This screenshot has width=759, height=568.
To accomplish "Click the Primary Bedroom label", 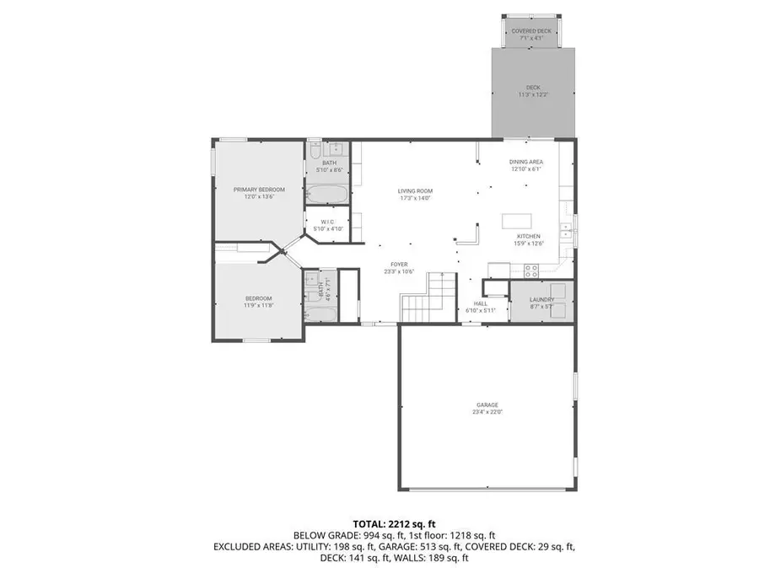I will tap(259, 190).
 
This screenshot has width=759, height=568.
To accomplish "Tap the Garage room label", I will tap(486, 406).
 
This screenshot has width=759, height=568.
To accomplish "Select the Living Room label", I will tap(415, 191).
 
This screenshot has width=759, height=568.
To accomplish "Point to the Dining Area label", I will tap(525, 162).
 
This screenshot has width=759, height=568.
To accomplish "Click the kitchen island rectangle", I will tap(519, 220).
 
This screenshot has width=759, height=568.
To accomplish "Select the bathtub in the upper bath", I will tap(326, 195).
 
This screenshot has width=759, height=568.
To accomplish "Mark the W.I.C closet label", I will tap(329, 222).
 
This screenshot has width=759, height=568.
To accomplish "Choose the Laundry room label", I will tap(541, 300).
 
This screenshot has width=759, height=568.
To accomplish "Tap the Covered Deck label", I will tap(532, 31).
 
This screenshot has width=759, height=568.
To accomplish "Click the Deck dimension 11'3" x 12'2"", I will tap(533, 94).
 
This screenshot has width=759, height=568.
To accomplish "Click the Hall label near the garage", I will tap(480, 303).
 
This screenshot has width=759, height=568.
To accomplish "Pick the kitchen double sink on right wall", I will tap(573, 228).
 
